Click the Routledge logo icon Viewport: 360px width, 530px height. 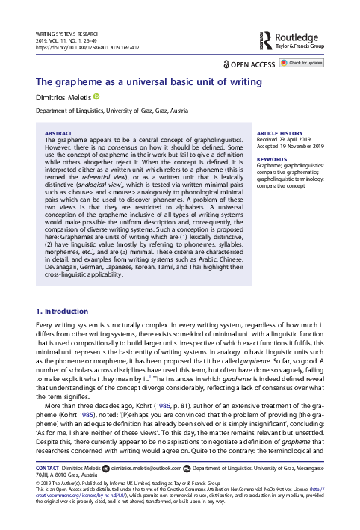click(267, 38)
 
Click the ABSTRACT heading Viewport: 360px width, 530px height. click(60, 131)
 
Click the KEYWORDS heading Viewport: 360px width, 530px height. click(270, 159)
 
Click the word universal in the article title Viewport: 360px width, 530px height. click(137, 81)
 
